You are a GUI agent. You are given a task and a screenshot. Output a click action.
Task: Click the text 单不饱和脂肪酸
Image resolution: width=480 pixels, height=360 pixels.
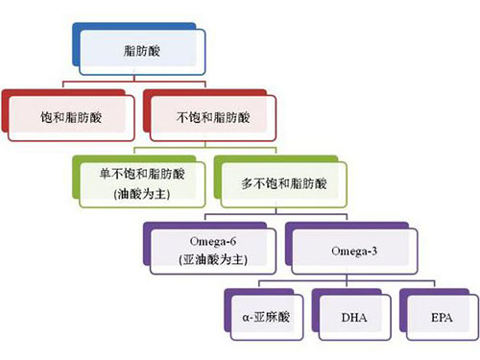coord(142,174)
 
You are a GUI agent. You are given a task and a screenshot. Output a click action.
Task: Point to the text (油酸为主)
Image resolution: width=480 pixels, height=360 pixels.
coord(142,194)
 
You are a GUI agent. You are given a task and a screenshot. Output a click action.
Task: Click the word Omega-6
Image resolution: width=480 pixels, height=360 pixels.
coord(213,241)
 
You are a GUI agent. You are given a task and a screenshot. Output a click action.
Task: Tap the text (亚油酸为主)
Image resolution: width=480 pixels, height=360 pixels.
coord(213,259)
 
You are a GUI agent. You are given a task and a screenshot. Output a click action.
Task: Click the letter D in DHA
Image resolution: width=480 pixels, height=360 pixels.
coord(347,318)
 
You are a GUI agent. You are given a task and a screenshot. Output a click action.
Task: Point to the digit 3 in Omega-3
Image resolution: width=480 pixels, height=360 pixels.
coord(373,252)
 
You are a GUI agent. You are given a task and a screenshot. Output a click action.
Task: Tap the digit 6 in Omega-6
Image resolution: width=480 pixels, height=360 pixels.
coord(233,241)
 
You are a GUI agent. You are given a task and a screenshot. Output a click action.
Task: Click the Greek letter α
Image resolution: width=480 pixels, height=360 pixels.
coord(246,318)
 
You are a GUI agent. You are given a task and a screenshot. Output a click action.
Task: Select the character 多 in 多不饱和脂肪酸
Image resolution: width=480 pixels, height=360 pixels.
coord(248,184)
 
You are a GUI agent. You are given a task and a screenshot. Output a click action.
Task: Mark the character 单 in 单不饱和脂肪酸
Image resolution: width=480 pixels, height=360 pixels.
coord(106,174)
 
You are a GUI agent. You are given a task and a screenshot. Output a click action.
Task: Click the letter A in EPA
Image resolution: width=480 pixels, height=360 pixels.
coord(448,318)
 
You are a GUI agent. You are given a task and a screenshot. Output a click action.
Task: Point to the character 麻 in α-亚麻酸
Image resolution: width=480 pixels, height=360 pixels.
coord(272,317)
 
